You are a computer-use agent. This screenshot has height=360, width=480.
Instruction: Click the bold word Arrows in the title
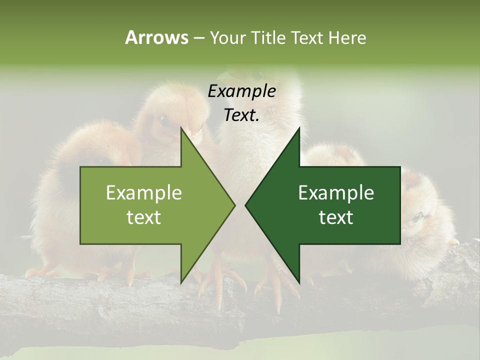click(x=156, y=37)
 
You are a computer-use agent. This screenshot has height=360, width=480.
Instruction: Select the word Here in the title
click(x=347, y=37)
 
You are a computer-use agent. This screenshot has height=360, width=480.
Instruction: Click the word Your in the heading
click(x=227, y=37)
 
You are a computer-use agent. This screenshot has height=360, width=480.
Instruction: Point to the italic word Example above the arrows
click(x=241, y=91)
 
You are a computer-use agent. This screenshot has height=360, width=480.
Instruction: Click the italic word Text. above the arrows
click(x=241, y=115)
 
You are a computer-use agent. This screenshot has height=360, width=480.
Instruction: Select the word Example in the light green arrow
click(x=144, y=193)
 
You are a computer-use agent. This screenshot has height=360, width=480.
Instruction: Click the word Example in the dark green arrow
click(x=336, y=193)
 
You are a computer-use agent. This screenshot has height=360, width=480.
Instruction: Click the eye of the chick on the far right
click(x=417, y=216)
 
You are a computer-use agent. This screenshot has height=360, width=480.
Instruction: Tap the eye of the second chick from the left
click(x=162, y=119)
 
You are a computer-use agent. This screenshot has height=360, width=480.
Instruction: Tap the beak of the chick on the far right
click(x=453, y=242)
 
